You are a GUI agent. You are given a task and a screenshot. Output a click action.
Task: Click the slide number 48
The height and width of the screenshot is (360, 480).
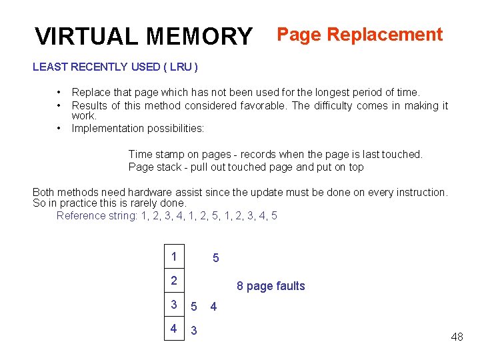[x=457, y=337]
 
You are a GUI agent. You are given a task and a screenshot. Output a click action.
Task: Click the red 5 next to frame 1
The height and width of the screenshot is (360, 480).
[x=215, y=258]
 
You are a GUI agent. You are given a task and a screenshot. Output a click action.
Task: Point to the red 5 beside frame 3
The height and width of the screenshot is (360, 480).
[x=194, y=307]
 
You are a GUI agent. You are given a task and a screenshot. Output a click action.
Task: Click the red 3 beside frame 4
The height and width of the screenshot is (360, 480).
[x=194, y=331]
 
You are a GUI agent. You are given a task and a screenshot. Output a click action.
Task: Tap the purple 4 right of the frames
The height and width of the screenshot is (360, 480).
[x=213, y=307]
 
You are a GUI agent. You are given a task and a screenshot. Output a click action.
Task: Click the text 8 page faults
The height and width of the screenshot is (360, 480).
[x=271, y=286]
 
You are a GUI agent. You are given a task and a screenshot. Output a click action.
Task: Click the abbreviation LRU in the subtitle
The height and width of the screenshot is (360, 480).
[x=180, y=67]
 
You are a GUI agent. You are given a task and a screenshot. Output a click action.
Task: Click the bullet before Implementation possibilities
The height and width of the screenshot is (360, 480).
[x=59, y=128]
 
